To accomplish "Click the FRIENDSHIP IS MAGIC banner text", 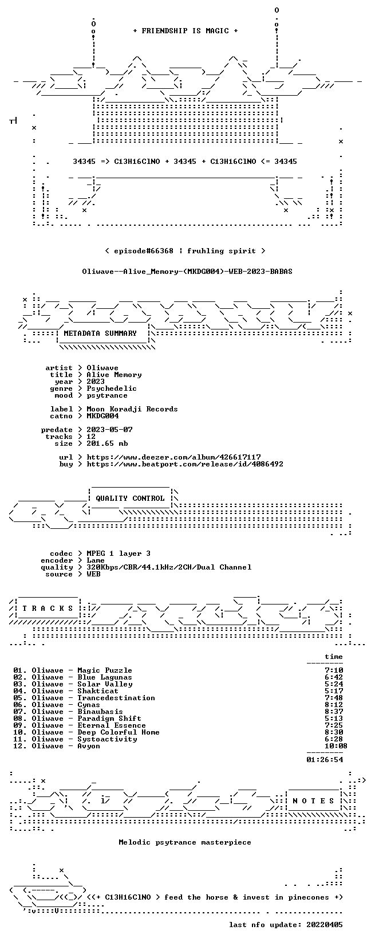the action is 185,31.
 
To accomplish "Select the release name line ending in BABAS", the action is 187,272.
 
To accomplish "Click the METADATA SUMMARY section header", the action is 100,333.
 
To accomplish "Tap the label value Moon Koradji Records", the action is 132,409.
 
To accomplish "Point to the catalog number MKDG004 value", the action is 102,416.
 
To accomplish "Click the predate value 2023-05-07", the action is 109,430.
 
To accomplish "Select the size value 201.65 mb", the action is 107,443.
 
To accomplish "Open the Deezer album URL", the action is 173,457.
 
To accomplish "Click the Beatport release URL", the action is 185,464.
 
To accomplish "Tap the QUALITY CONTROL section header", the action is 130,499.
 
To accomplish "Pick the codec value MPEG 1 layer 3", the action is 119,554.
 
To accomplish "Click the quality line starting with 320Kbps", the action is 169,567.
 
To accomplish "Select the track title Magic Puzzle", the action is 105,670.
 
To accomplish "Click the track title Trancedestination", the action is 116,698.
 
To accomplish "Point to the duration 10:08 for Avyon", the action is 336,746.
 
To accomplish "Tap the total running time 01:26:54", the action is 325,760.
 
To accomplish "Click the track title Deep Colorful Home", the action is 119,733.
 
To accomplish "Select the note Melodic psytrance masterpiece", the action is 185,842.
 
